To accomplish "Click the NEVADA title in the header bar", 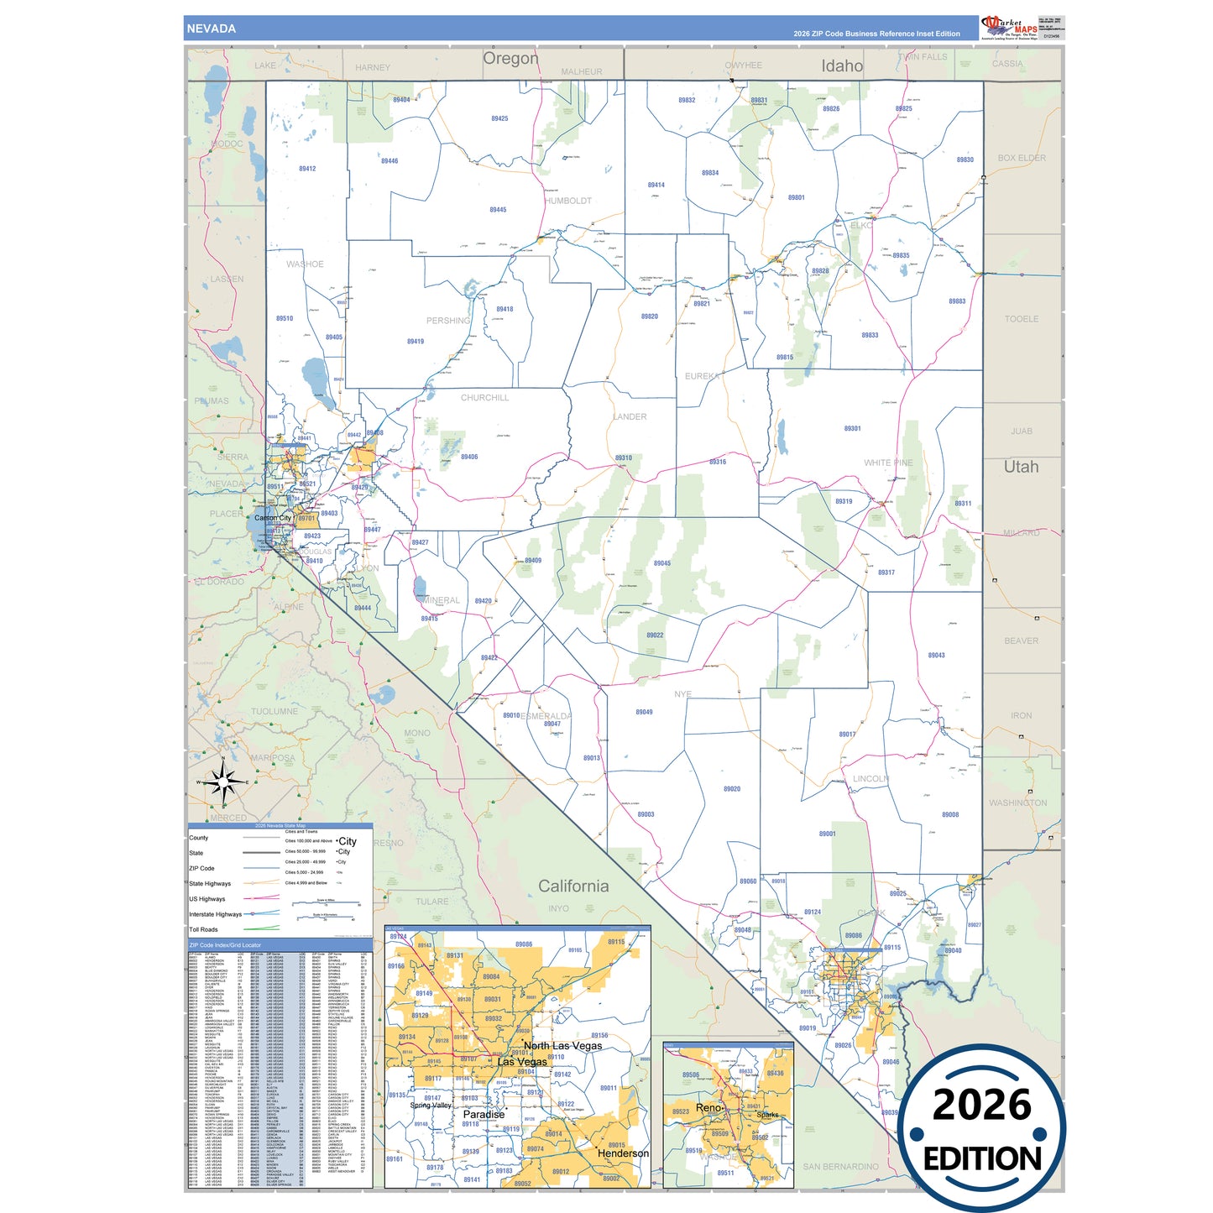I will (x=212, y=29).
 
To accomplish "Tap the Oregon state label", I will (x=510, y=59).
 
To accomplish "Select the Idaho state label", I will (x=842, y=66).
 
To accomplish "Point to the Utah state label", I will (x=1021, y=467).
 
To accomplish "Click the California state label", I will (x=573, y=886).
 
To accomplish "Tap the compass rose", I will (x=223, y=782).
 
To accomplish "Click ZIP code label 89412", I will (x=307, y=169).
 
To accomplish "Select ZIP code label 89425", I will (x=499, y=118).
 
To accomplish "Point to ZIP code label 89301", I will (x=852, y=428).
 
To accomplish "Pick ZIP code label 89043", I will (x=936, y=655).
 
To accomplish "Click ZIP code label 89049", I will (x=644, y=712).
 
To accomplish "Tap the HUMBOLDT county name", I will (x=568, y=201).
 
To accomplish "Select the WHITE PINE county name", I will (x=888, y=463).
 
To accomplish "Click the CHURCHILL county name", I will (x=484, y=398).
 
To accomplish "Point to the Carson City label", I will (x=273, y=518).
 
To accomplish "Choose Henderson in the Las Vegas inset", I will (x=623, y=1153).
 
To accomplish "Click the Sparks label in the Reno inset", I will (x=767, y=1115).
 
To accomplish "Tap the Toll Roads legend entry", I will (x=203, y=929).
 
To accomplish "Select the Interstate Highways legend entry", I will (x=215, y=914).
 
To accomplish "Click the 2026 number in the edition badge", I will (x=981, y=1105).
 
